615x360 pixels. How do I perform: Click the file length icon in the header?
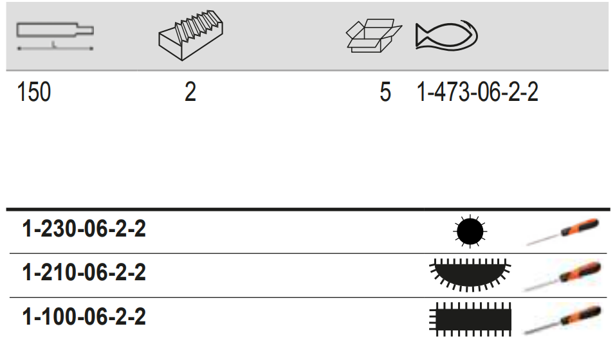[x=55, y=35]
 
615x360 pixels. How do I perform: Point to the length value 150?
[x=34, y=93]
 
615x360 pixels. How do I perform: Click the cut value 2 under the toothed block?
[x=190, y=93]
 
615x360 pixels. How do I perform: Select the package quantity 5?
[x=385, y=93]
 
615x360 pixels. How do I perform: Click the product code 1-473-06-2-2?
[x=477, y=93]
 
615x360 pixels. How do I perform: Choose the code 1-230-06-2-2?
[x=84, y=229]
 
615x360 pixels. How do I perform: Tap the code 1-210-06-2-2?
[x=84, y=273]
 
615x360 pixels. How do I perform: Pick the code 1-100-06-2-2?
[x=84, y=316]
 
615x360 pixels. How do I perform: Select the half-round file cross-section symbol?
[x=470, y=274]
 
